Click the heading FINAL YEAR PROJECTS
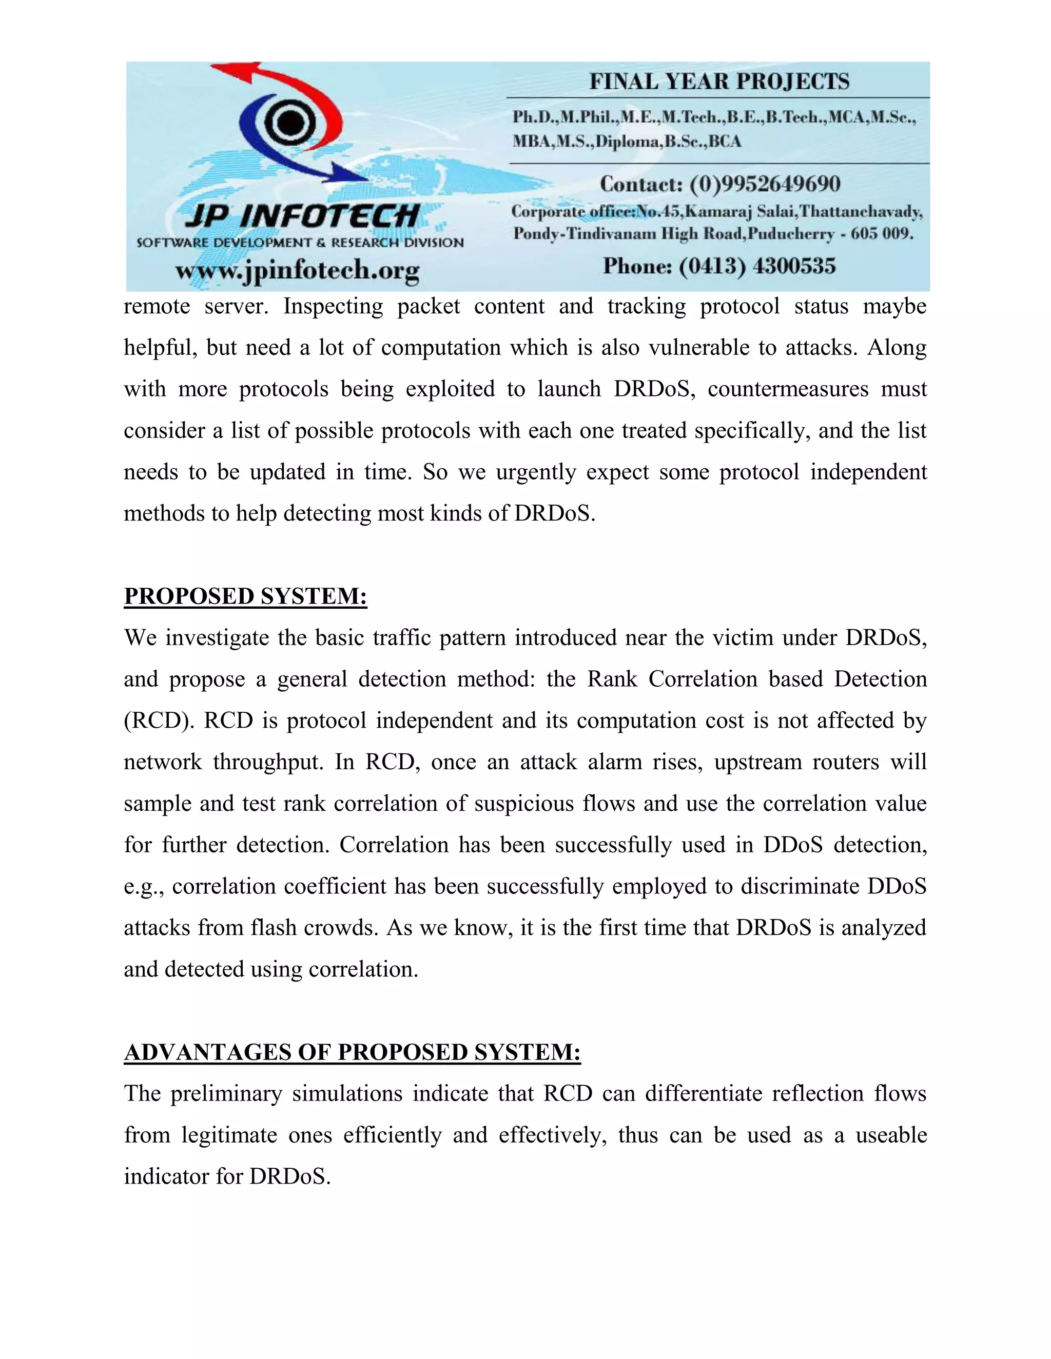coord(719,82)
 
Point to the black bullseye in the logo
coord(287,123)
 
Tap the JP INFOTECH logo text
coord(302,216)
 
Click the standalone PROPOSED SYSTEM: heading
coord(245,596)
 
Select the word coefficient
coord(335,886)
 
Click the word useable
coord(891,1135)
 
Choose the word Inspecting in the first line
coord(333,306)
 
